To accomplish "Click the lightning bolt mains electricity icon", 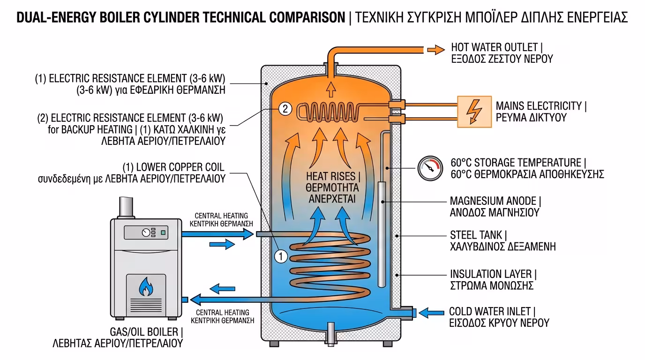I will [x=474, y=112].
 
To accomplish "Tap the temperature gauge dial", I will [x=430, y=168].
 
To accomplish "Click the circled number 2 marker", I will [x=285, y=109].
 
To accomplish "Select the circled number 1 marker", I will [x=280, y=256].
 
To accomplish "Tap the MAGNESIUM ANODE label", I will [x=495, y=207].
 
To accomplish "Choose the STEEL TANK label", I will [x=502, y=240].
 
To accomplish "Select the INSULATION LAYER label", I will [x=493, y=279].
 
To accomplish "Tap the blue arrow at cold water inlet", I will [x=431, y=312].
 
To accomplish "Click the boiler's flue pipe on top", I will [x=126, y=207].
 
